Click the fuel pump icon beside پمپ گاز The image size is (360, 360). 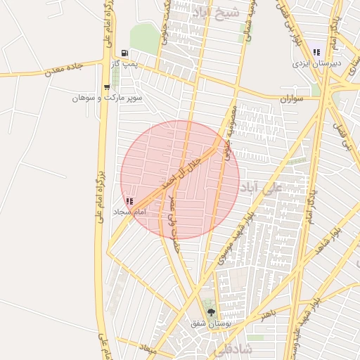pyautogui.click(x=124, y=53)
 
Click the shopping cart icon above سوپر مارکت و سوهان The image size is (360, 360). pyautogui.click(x=106, y=87)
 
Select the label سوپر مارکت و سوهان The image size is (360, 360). pyautogui.click(x=108, y=98)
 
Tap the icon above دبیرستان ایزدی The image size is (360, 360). pyautogui.click(x=317, y=52)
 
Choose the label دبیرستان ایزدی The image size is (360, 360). pyautogui.click(x=317, y=63)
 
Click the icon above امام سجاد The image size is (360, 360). pyautogui.click(x=129, y=201)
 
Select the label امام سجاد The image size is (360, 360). pyautogui.click(x=129, y=212)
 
